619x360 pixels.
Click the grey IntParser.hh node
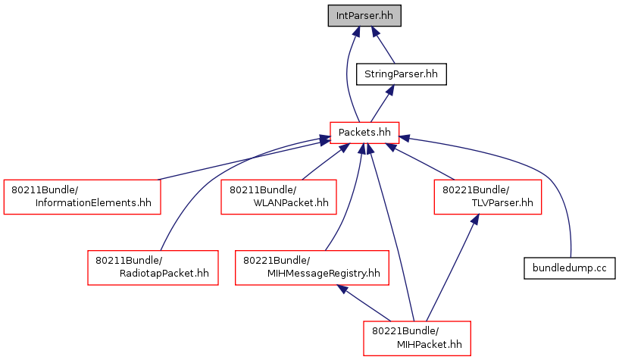(x=364, y=16)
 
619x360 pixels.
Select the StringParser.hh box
(x=401, y=74)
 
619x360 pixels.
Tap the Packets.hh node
(x=364, y=133)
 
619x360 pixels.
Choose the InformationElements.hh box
(x=82, y=197)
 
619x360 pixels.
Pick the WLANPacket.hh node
(x=279, y=197)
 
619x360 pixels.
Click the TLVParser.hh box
(x=487, y=197)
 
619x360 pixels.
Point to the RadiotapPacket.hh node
(x=153, y=268)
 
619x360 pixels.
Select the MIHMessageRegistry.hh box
(x=312, y=268)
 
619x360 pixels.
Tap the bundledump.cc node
(x=569, y=268)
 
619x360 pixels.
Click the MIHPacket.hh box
(x=417, y=338)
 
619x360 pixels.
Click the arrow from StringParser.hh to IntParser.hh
(x=383, y=45)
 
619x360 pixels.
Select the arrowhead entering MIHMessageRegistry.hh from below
(x=342, y=289)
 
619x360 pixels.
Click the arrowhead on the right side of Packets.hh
(x=404, y=138)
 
